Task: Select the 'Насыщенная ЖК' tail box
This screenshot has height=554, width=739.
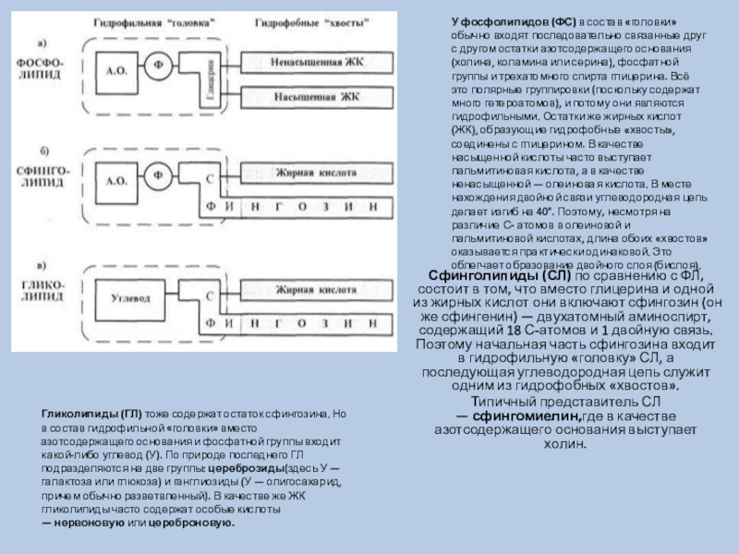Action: pos(315,96)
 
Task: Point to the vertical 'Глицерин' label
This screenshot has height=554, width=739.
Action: pos(212,80)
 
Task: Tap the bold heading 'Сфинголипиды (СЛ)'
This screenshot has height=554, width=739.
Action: pos(491,275)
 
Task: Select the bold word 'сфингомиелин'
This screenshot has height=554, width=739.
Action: pos(523,417)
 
